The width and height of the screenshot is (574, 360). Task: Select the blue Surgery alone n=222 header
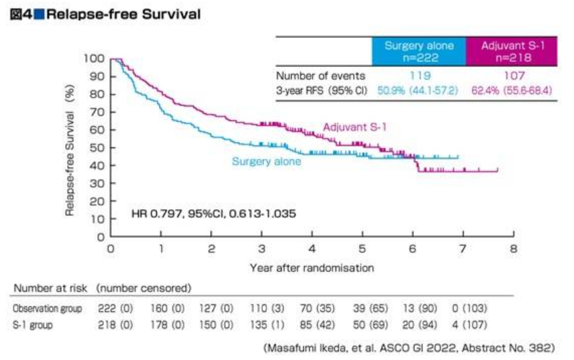point(418,51)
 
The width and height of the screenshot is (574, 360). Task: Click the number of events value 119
point(418,76)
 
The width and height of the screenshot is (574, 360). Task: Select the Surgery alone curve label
point(266,161)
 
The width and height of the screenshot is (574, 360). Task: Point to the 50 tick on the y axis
point(98,147)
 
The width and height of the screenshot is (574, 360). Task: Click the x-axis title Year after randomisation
point(312,267)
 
